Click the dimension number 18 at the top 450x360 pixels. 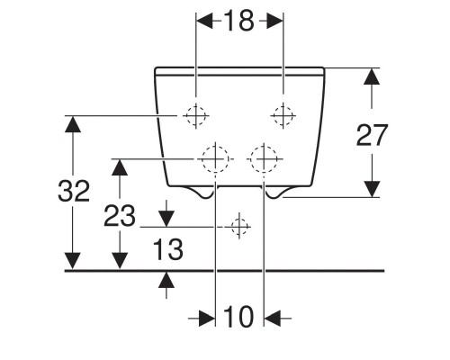click(238, 21)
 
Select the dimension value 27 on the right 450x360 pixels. click(372, 135)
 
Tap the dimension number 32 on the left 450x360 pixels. click(74, 191)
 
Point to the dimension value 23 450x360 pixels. click(120, 216)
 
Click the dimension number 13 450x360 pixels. click(168, 249)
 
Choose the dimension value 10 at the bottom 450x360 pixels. click(238, 317)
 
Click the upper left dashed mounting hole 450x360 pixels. click(195, 115)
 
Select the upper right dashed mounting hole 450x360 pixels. click(283, 115)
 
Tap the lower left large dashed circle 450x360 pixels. click(215, 159)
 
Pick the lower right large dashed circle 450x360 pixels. click(264, 159)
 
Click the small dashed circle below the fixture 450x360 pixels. click(239, 227)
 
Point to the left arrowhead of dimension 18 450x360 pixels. click(204, 21)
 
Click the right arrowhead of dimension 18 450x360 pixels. click(274, 21)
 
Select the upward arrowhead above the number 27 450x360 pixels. click(372, 76)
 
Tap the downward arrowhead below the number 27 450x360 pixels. click(372, 189)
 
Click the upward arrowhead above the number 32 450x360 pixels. click(73, 124)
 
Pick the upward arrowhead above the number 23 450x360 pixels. click(120, 167)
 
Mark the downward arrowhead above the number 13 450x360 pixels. click(166, 219)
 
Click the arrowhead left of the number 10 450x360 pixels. click(207, 319)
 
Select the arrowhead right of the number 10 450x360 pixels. click(272, 319)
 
